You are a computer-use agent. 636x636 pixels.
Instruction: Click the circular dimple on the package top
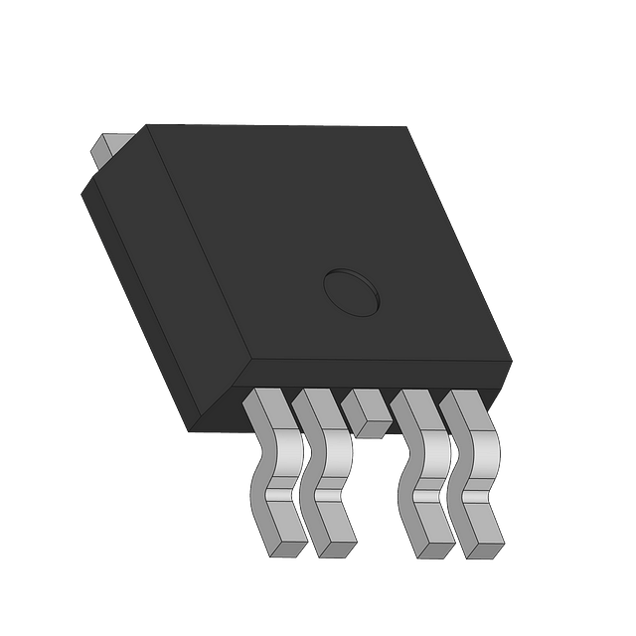pos(351,291)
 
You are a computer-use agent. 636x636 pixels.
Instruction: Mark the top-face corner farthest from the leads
pos(406,127)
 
